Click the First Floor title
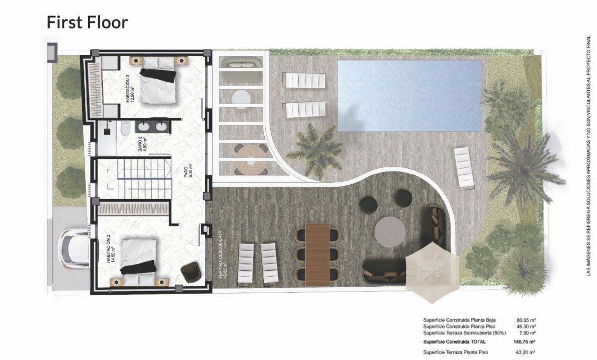[x=87, y=22]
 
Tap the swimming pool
[x=409, y=96]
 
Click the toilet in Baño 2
[x=125, y=129]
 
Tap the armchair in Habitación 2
[x=191, y=273]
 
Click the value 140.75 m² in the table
[x=524, y=342]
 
